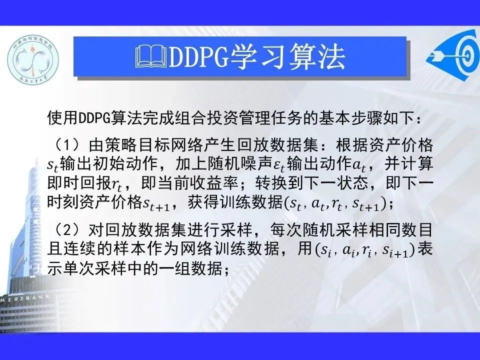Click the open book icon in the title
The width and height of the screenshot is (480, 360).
(151, 56)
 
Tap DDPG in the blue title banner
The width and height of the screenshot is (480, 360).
(198, 56)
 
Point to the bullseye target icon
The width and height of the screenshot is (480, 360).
(455, 55)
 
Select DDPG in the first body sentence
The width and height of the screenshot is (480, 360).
(94, 118)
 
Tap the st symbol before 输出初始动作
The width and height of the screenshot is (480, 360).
(53, 165)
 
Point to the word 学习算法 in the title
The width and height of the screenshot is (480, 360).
(288, 56)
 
